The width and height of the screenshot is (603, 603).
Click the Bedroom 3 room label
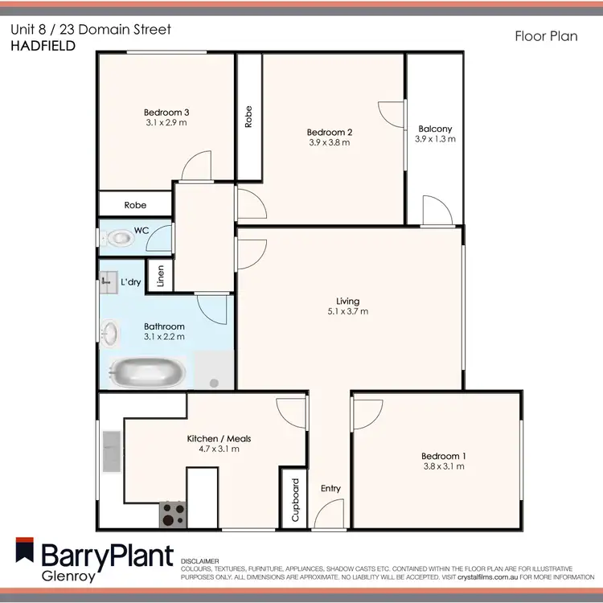(x=166, y=112)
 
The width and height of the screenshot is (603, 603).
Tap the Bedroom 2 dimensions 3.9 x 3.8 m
(x=330, y=142)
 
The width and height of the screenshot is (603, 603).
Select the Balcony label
(x=434, y=129)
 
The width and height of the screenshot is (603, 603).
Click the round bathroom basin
(x=111, y=330)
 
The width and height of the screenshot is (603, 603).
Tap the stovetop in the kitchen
(x=171, y=515)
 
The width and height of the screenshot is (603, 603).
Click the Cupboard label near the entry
(x=295, y=501)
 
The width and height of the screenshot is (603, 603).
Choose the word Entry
(x=330, y=489)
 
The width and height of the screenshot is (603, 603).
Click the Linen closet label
(x=161, y=277)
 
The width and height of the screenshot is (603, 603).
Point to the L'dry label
(x=130, y=283)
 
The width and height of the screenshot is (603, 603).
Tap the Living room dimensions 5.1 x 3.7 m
(x=347, y=311)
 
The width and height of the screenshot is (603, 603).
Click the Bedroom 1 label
(x=445, y=457)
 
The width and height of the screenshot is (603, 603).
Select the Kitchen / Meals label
(x=219, y=438)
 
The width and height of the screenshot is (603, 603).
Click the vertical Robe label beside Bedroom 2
(x=248, y=118)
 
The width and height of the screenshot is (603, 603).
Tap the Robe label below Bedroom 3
(x=135, y=205)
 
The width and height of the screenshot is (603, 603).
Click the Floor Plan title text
(x=545, y=36)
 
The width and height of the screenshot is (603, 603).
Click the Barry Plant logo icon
(x=27, y=554)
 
